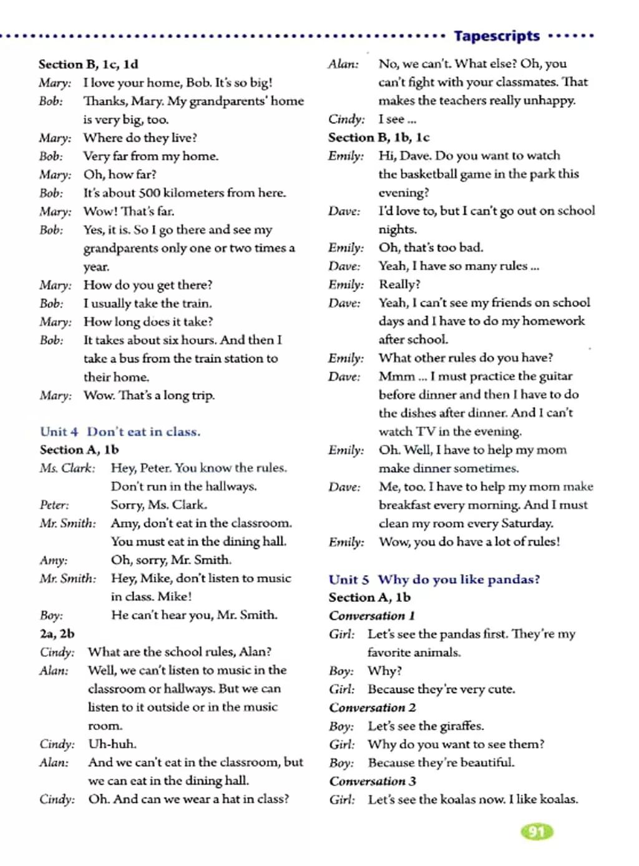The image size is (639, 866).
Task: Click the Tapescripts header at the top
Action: (x=497, y=36)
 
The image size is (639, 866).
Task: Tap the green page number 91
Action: (x=536, y=831)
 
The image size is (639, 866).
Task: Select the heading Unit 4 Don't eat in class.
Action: (x=120, y=431)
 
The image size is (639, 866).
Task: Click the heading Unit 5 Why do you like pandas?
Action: (x=434, y=579)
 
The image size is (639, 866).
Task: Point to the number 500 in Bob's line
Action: (x=149, y=193)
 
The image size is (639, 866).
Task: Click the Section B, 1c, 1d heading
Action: (x=88, y=64)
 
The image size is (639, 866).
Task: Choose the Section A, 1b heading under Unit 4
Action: (x=79, y=450)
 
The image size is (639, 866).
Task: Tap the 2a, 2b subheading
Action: (x=57, y=633)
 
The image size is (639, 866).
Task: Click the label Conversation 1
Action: (x=372, y=616)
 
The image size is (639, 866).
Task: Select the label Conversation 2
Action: (x=373, y=707)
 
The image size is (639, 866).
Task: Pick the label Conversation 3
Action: (x=373, y=781)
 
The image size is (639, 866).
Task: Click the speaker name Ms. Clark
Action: (x=67, y=468)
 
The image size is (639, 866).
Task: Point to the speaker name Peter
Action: (x=54, y=504)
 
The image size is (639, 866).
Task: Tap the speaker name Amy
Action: (x=53, y=560)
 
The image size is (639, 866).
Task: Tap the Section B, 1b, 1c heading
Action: (x=379, y=137)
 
